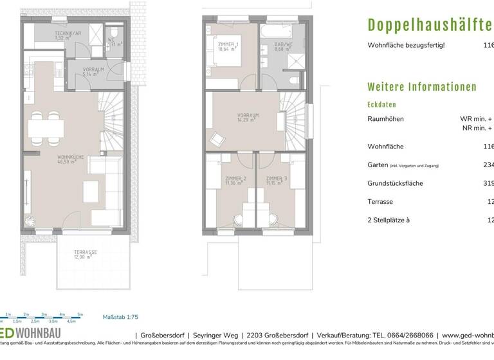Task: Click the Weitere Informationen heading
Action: pos(421,87)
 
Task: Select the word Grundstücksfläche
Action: pos(394,183)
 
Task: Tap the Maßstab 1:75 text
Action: pos(120,317)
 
